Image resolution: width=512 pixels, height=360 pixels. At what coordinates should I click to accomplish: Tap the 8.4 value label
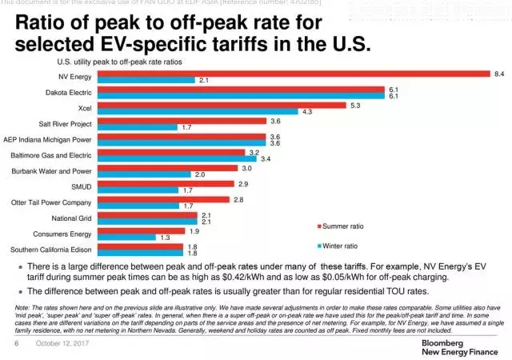[x=499, y=74]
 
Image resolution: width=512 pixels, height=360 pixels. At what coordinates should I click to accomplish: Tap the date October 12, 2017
[x=61, y=343]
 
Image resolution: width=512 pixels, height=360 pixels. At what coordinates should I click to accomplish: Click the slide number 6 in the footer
[x=15, y=343]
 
